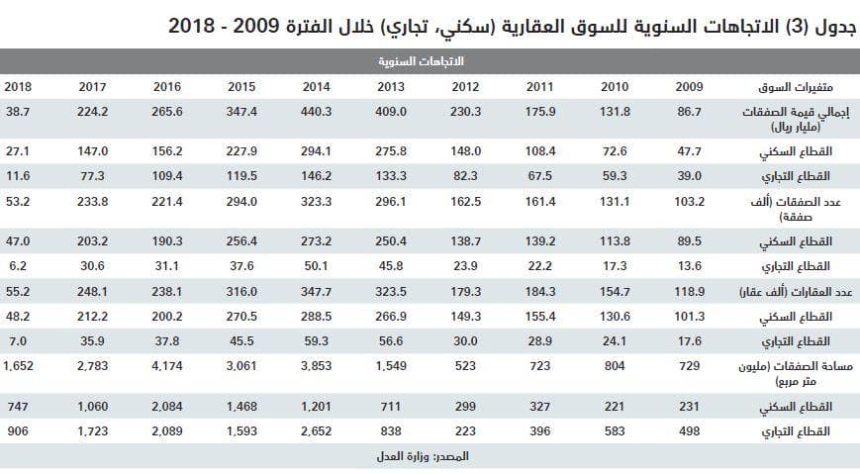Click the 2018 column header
pyautogui.click(x=18, y=86)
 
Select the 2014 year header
pyautogui.click(x=317, y=86)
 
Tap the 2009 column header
pyautogui.click(x=689, y=86)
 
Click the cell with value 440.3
pyautogui.click(x=317, y=113)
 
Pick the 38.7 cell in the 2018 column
pyautogui.click(x=18, y=113)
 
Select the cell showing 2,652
pyautogui.click(x=317, y=431)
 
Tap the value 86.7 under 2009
pyautogui.click(x=689, y=113)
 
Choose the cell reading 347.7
pyautogui.click(x=317, y=292)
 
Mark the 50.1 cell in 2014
pyautogui.click(x=317, y=266)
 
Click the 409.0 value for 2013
pyautogui.click(x=391, y=113)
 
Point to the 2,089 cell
pyautogui.click(x=167, y=431)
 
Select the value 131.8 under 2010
pyautogui.click(x=615, y=113)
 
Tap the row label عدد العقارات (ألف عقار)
pyautogui.click(x=798, y=292)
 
